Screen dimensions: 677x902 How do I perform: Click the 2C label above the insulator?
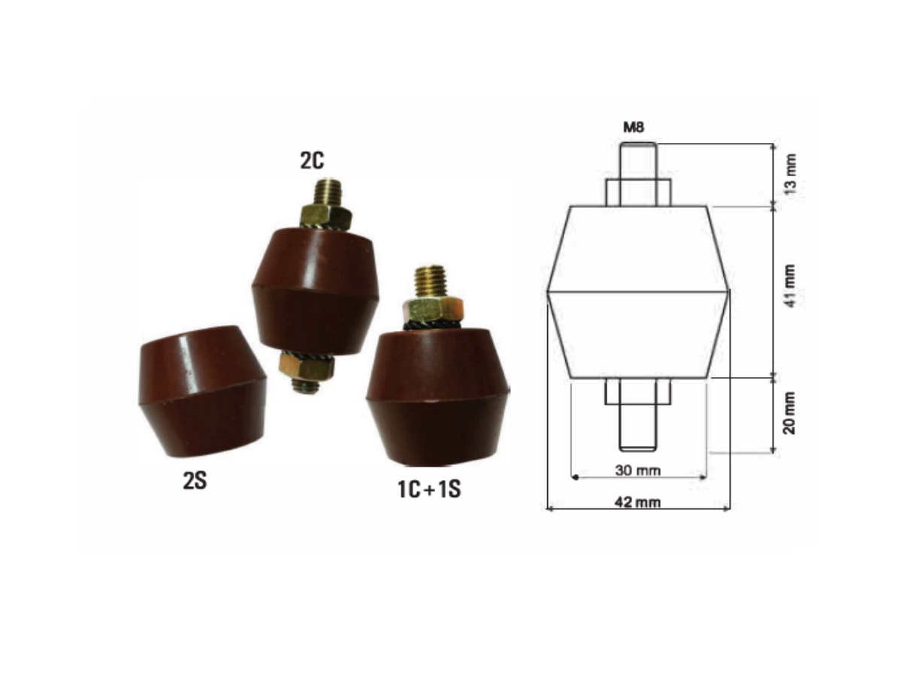(311, 161)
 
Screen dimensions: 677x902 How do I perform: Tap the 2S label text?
(195, 480)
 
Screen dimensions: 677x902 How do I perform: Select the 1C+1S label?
(428, 490)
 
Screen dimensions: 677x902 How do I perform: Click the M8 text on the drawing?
(634, 128)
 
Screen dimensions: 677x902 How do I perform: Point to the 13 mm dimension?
(790, 175)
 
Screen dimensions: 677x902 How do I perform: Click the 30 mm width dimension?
(638, 471)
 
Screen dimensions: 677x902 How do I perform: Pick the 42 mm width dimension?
(638, 502)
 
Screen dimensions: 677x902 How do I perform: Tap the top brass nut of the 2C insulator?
(325, 217)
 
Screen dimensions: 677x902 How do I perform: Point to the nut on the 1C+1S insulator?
(431, 308)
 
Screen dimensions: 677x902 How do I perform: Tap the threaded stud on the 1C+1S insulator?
(430, 281)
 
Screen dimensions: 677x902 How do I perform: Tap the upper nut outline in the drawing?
(638, 193)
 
